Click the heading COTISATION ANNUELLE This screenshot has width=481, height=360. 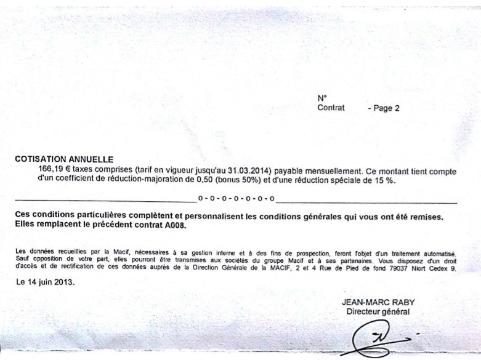64,159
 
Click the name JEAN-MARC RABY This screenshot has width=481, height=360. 378,302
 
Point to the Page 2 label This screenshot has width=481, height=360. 384,108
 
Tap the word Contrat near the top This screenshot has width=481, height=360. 331,108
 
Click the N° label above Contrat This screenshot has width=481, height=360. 321,98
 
